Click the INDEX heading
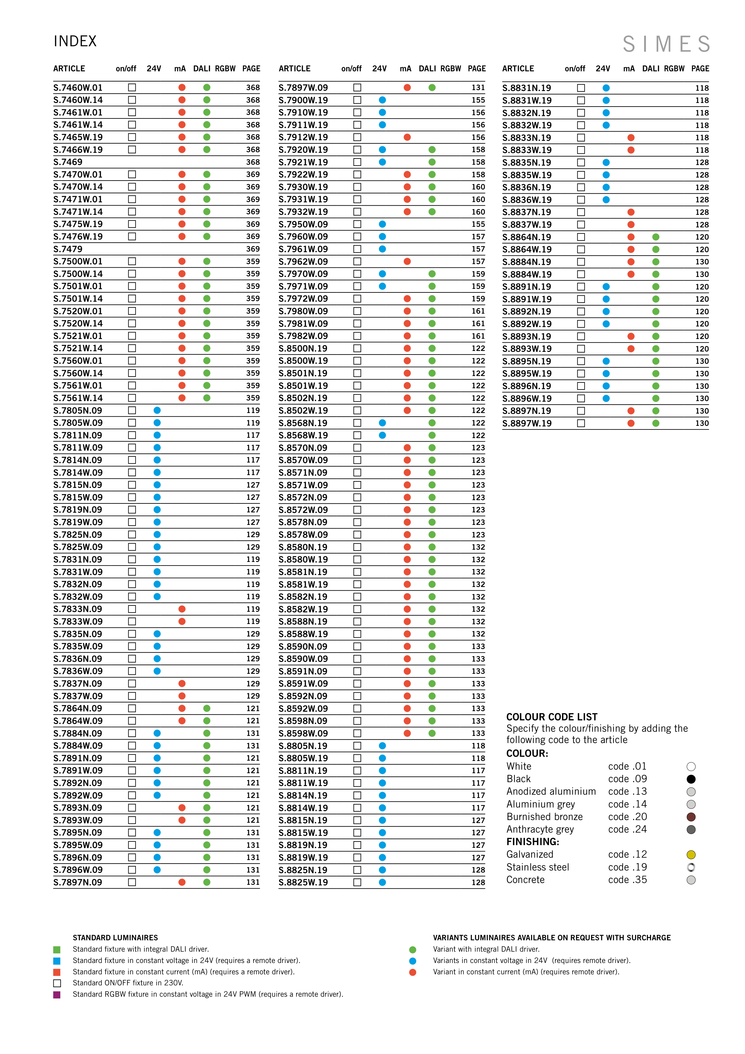coord(75,41)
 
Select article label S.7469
coord(68,162)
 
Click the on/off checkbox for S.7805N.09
coord(132,410)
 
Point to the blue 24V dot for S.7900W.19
coord(382,100)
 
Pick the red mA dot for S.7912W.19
coord(407,137)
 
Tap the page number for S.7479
coord(253,249)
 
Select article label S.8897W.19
coord(527,423)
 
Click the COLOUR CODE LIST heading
coord(552,717)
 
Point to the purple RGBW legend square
coord(57,994)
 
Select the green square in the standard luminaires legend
coord(57,949)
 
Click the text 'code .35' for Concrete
coord(627,880)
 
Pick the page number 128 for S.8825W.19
coord(478,882)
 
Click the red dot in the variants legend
coord(413,972)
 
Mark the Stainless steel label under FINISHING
coord(538,867)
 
